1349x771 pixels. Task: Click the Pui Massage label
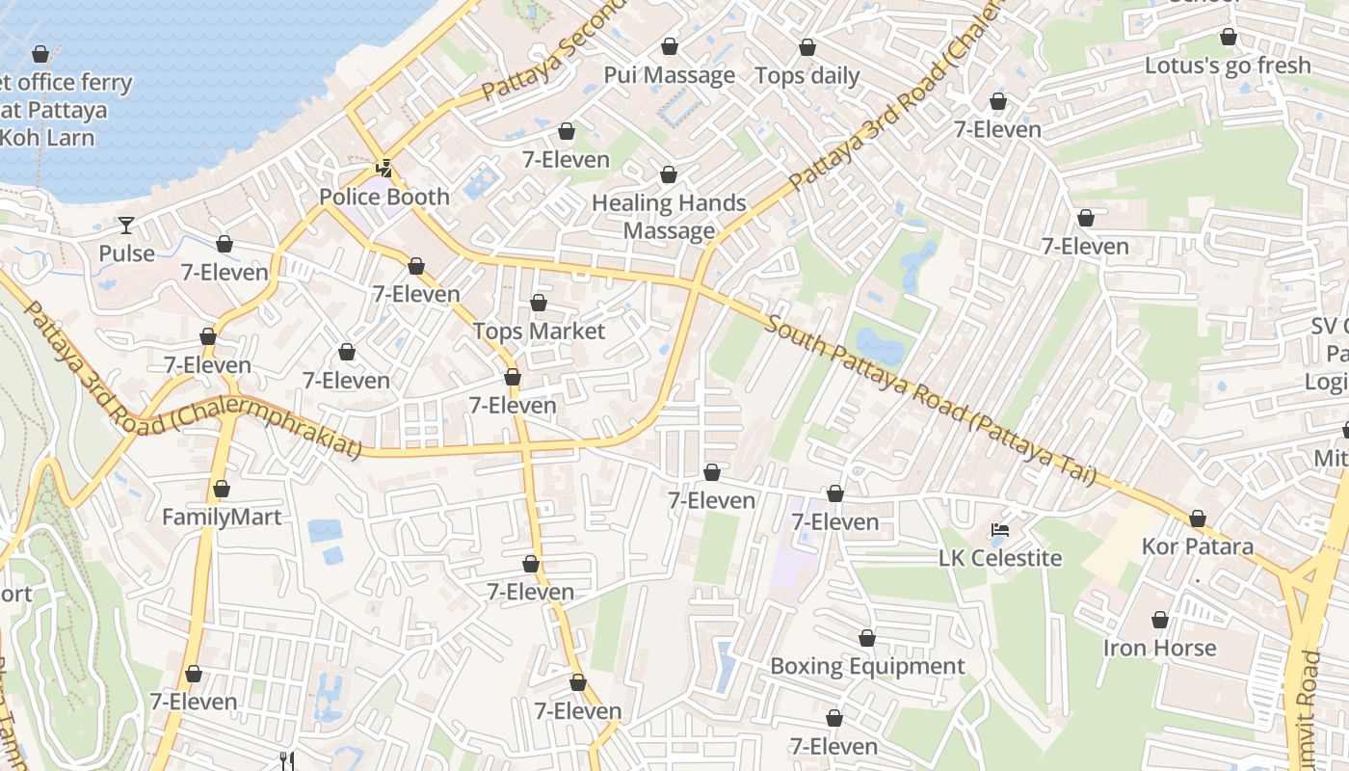coord(669,75)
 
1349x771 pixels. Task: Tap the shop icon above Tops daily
coord(807,47)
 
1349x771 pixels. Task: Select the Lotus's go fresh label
coord(1228,66)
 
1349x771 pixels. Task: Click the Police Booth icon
coord(384,169)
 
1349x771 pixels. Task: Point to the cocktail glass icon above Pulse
coord(126,226)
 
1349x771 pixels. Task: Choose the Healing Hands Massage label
coord(669,217)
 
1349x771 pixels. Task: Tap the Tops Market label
coord(539,332)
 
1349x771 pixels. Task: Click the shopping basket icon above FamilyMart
coord(222,490)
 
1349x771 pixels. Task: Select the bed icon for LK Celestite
coord(1000,530)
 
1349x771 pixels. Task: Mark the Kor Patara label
coord(1197,547)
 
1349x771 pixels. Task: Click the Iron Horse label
coord(1159,648)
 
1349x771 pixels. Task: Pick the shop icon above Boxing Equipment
coord(867,638)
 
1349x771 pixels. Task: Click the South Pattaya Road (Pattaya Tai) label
coord(930,400)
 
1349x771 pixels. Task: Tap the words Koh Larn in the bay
coord(47,137)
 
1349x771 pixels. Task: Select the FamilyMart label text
coord(222,518)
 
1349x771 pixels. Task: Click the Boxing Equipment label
coord(867,667)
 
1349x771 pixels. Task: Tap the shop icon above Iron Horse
coord(1160,620)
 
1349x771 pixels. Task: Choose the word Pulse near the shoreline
coord(126,253)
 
